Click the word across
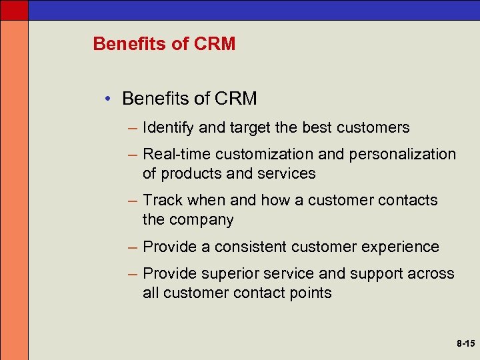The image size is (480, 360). tap(430, 273)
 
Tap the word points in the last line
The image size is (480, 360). tap(310, 293)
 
